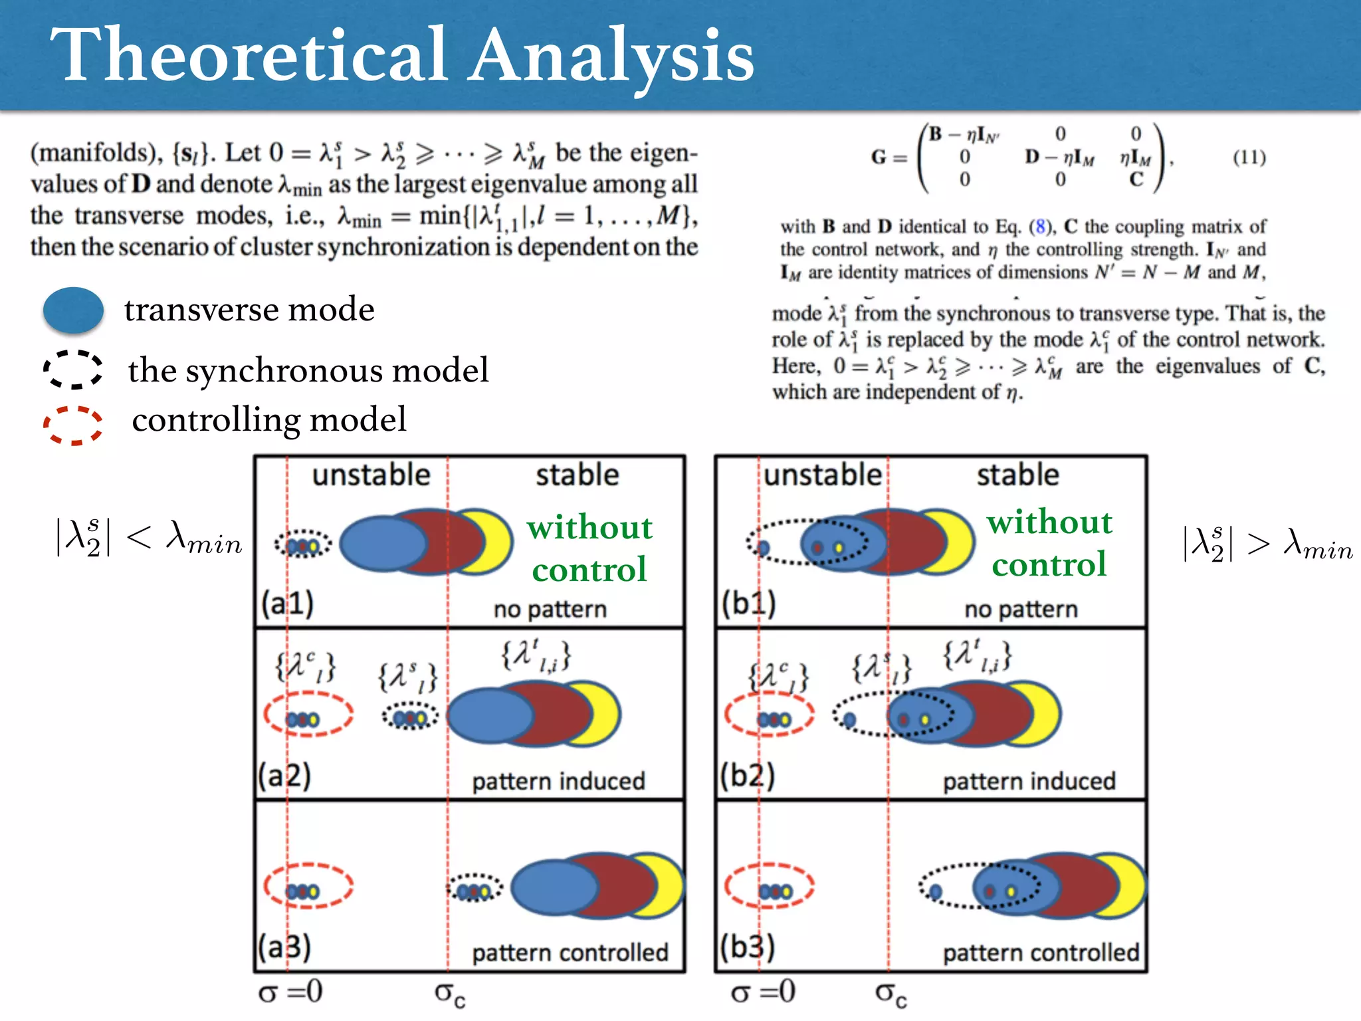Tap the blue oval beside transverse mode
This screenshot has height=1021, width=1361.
tap(73, 310)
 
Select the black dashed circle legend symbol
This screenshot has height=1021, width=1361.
tap(73, 370)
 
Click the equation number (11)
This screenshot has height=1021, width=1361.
tap(1249, 158)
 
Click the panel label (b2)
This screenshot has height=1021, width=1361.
tap(748, 775)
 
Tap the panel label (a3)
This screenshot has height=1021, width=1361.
tap(284, 947)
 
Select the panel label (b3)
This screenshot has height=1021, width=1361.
tap(748, 947)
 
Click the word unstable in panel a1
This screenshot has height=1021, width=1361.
tap(371, 475)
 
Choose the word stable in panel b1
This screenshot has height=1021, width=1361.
tap(1017, 475)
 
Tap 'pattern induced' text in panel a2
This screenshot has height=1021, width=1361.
tap(558, 781)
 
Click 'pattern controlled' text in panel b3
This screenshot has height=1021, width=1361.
tap(1041, 953)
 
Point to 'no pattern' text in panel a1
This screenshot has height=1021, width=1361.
tap(550, 609)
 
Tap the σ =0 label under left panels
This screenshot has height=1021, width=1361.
tap(290, 992)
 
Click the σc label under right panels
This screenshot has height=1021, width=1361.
tap(890, 994)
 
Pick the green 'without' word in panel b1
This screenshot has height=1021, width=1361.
tap(1049, 522)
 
